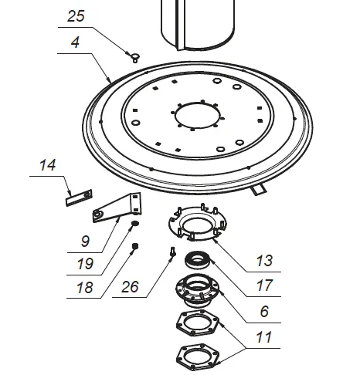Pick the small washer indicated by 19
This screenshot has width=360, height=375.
[135, 225]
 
